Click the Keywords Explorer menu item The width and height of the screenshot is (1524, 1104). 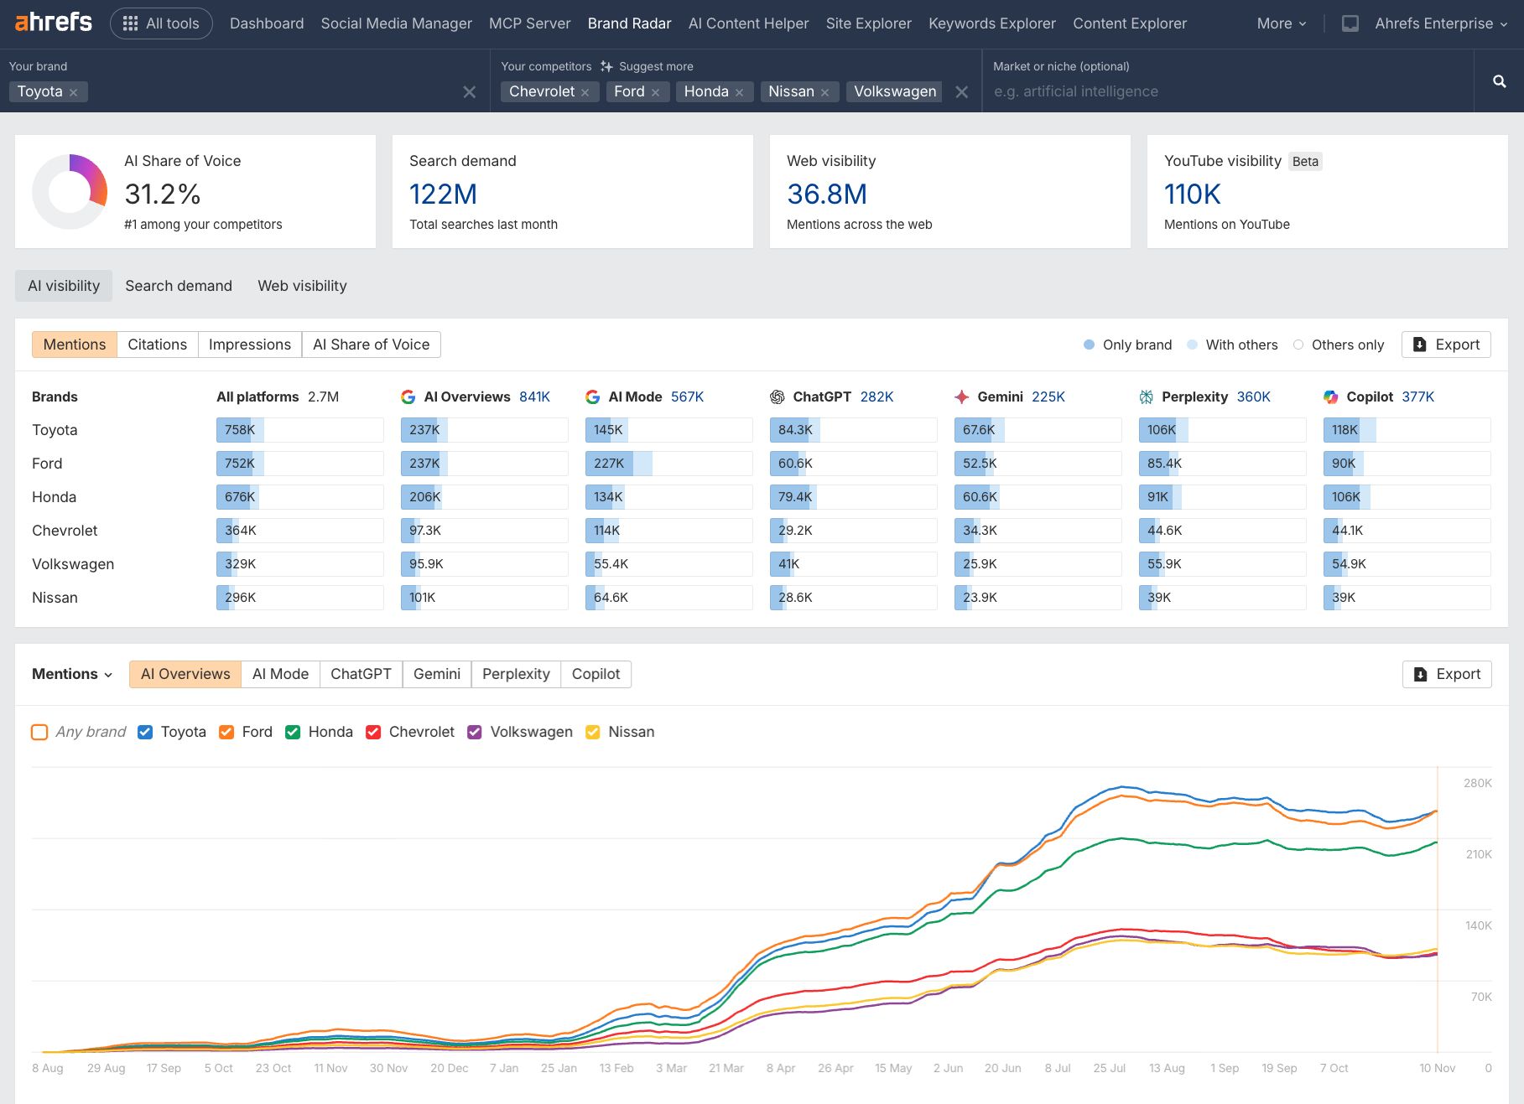[x=991, y=23]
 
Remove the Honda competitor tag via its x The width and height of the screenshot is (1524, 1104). [x=739, y=92]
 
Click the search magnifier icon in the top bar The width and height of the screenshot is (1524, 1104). [x=1499, y=81]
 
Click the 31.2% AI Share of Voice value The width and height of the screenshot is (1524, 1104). [x=162, y=194]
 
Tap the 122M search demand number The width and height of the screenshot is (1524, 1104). [x=443, y=194]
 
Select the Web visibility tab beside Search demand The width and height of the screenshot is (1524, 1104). [x=302, y=286]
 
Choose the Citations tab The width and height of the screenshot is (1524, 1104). [x=157, y=345]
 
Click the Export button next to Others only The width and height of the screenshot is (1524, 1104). [x=1446, y=345]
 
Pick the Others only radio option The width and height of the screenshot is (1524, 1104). [x=1298, y=345]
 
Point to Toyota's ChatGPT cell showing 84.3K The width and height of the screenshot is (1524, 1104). [x=795, y=430]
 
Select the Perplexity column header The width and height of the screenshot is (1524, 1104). [x=1194, y=397]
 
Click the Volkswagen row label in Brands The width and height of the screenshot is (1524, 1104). [x=73, y=564]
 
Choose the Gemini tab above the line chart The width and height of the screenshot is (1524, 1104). [x=436, y=674]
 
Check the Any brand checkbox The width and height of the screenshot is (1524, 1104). [x=39, y=732]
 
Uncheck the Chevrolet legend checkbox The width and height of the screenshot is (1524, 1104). [x=374, y=732]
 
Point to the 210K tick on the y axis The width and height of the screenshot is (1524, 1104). [x=1478, y=854]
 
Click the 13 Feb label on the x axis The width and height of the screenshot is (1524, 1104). [x=616, y=1068]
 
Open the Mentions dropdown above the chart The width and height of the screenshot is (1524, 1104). [x=72, y=674]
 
